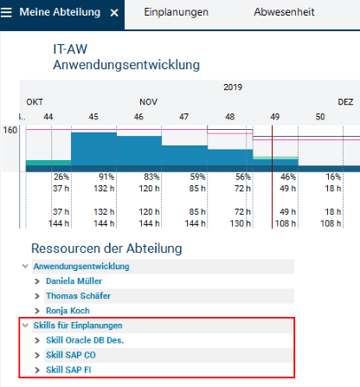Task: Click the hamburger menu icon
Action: pyautogui.click(x=6, y=12)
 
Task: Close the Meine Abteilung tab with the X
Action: pyautogui.click(x=114, y=13)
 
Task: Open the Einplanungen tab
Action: pyautogui.click(x=176, y=12)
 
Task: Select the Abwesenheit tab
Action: pyautogui.click(x=284, y=12)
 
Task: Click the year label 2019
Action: pyautogui.click(x=233, y=87)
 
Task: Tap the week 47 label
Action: pyautogui.click(x=183, y=117)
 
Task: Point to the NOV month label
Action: pyautogui.click(x=149, y=102)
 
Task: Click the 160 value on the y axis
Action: pyautogui.click(x=10, y=130)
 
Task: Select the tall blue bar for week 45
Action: pyautogui.click(x=93, y=149)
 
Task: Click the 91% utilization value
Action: pyautogui.click(x=106, y=177)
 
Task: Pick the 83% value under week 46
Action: pyautogui.click(x=151, y=177)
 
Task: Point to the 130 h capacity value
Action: pyautogui.click(x=240, y=223)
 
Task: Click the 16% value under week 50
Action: pyautogui.click(x=333, y=177)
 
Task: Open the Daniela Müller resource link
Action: pyautogui.click(x=74, y=281)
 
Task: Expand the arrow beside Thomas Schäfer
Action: pyautogui.click(x=37, y=296)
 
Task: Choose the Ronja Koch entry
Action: pyautogui.click(x=67, y=311)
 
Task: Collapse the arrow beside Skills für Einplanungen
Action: pyautogui.click(x=25, y=326)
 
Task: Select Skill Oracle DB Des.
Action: pyautogui.click(x=85, y=340)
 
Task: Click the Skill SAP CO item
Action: pyautogui.click(x=71, y=355)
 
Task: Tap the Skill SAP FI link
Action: pyautogui.click(x=68, y=370)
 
